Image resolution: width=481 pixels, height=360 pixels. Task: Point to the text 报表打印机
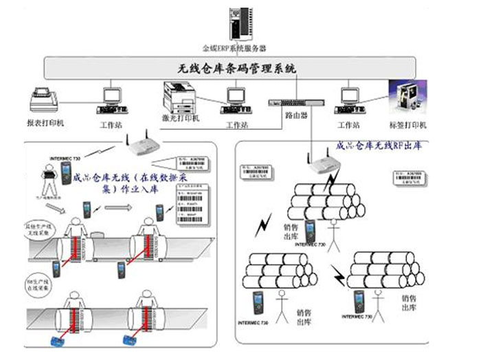[x=45, y=124]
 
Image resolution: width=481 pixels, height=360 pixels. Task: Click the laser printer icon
[x=179, y=96]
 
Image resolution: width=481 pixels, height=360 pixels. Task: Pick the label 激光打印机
[x=181, y=118]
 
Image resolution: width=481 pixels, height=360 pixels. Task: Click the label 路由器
[x=295, y=116]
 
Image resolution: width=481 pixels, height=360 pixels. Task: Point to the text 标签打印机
[x=408, y=125]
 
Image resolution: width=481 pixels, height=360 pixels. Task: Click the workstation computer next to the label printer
[x=350, y=102]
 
